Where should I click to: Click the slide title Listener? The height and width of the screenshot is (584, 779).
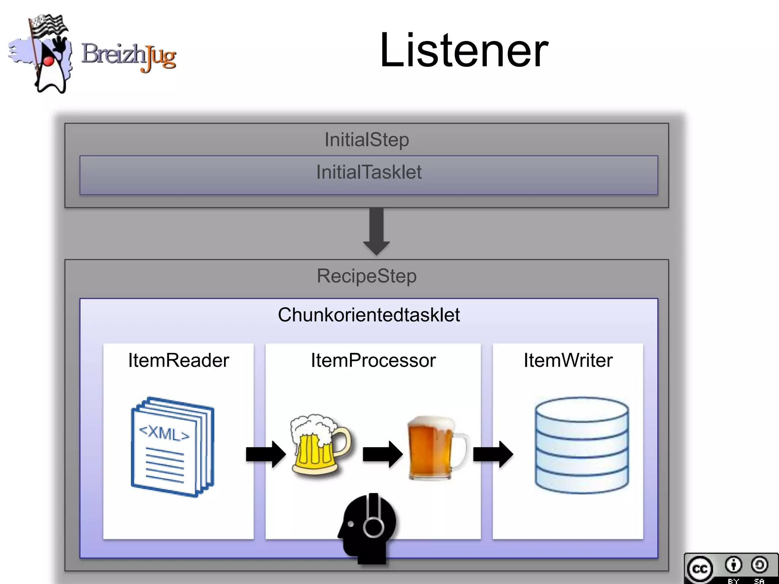point(464,51)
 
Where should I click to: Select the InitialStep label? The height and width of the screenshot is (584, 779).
point(366,140)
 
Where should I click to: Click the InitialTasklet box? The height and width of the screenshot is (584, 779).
point(368,175)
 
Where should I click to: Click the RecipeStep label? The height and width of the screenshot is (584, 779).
point(366,276)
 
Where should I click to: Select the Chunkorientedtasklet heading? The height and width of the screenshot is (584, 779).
point(368,315)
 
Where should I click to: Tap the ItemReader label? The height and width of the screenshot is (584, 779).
point(178,360)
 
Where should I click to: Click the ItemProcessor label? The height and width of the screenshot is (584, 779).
point(373,360)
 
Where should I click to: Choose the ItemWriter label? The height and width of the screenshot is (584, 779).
point(568,360)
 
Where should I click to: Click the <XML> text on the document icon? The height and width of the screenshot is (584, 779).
point(164,433)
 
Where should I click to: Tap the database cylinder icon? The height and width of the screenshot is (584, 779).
point(581,445)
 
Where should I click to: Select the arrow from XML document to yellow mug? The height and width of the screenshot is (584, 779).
point(265,454)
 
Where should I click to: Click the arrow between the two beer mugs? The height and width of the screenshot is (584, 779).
point(382,454)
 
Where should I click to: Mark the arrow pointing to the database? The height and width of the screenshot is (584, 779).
point(493,454)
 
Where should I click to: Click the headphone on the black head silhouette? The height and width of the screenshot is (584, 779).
point(374,523)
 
